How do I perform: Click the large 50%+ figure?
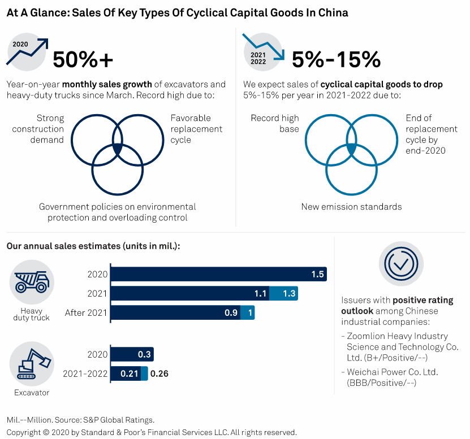tap(83, 59)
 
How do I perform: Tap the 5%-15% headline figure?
tap(336, 59)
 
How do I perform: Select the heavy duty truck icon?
tap(32, 281)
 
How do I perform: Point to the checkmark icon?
tap(401, 262)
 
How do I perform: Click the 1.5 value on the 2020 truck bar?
tap(317, 274)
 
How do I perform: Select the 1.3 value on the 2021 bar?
tap(288, 293)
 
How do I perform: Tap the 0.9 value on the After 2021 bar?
tap(231, 312)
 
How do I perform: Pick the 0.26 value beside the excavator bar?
tap(159, 373)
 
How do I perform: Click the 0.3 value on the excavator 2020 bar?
tap(144, 354)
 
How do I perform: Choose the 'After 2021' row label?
tap(85, 312)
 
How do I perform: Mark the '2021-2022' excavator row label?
tap(85, 373)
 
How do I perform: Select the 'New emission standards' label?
tap(351, 207)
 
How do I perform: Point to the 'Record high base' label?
tap(275, 123)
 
